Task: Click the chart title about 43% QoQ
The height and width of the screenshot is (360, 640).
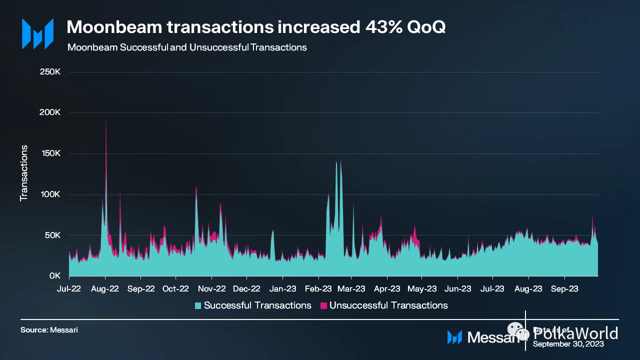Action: click(255, 27)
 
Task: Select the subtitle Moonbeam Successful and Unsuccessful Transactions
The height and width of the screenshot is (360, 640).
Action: click(186, 47)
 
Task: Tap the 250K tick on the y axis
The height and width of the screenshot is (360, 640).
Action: click(50, 72)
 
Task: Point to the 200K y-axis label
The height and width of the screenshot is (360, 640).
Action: click(50, 112)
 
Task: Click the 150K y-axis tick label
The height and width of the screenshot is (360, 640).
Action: click(50, 153)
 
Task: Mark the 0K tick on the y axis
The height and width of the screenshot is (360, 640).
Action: click(54, 276)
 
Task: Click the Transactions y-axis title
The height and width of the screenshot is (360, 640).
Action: click(23, 173)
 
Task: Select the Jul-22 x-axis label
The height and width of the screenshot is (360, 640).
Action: click(69, 288)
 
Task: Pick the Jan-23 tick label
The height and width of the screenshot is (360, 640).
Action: click(282, 288)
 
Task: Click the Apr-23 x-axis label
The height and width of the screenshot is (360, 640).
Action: click(387, 288)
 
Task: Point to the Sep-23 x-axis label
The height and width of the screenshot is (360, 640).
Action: click(564, 288)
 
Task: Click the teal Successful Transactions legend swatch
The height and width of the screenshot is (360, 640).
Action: click(198, 305)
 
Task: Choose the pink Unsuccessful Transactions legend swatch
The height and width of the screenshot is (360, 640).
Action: click(323, 305)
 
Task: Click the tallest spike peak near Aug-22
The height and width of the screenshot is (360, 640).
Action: click(106, 116)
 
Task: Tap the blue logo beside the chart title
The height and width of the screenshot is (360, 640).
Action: click(37, 34)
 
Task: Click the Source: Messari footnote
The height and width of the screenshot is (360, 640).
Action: click(49, 330)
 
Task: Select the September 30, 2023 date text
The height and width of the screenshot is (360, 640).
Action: click(568, 344)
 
